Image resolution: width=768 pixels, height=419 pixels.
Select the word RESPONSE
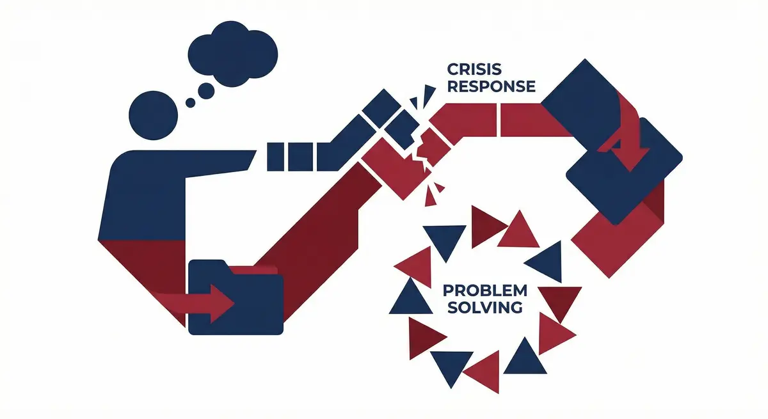(x=491, y=87)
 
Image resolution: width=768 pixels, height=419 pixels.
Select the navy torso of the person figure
(x=144, y=192)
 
